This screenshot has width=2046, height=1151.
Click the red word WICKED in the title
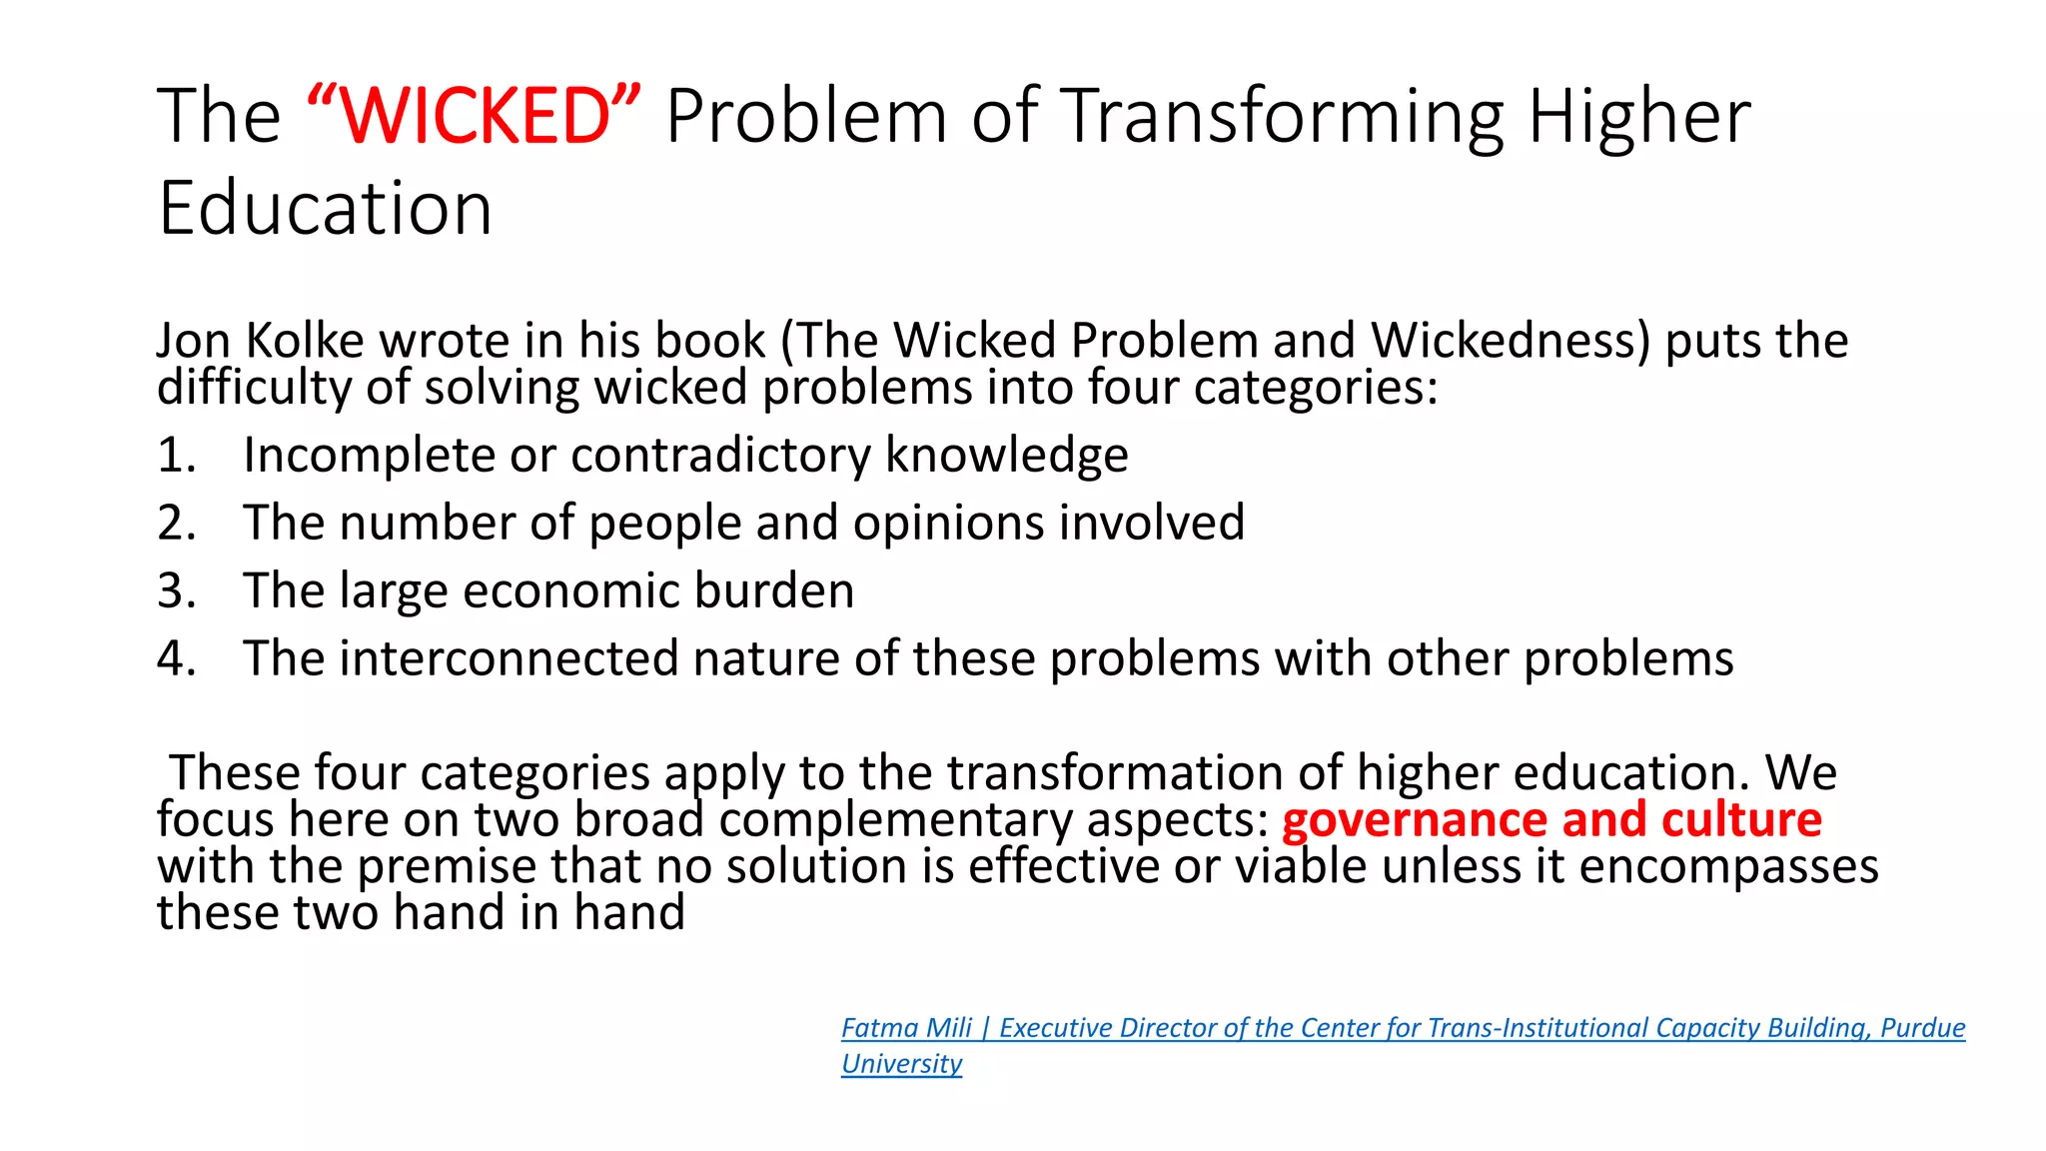click(476, 116)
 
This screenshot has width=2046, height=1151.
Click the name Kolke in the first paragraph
click(305, 341)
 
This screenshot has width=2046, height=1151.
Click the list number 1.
click(176, 456)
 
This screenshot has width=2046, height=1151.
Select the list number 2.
click(176, 524)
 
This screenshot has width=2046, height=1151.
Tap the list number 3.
click(176, 591)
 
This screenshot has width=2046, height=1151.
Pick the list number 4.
click(176, 659)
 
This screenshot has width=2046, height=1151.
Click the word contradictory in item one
click(720, 456)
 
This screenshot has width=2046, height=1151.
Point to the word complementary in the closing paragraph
click(894, 820)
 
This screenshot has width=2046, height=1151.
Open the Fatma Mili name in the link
click(906, 1028)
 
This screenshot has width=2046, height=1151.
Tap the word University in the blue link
click(901, 1064)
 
